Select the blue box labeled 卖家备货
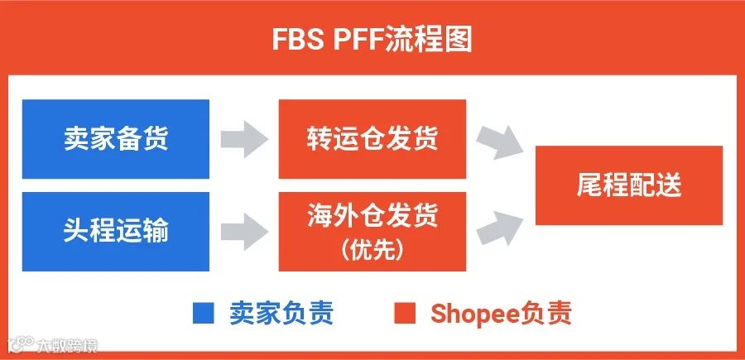(116, 139)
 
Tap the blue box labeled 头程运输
(116, 231)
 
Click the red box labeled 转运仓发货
(372, 139)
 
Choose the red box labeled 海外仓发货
(372, 231)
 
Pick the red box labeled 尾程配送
(629, 185)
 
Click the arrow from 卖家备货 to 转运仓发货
(243, 139)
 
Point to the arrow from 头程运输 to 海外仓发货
(243, 231)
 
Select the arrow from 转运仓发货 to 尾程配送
(499, 143)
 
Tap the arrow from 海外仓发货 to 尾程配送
(499, 228)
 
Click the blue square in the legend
(204, 314)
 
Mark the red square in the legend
(405, 314)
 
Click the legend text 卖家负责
(281, 314)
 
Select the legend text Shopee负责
(502, 314)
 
